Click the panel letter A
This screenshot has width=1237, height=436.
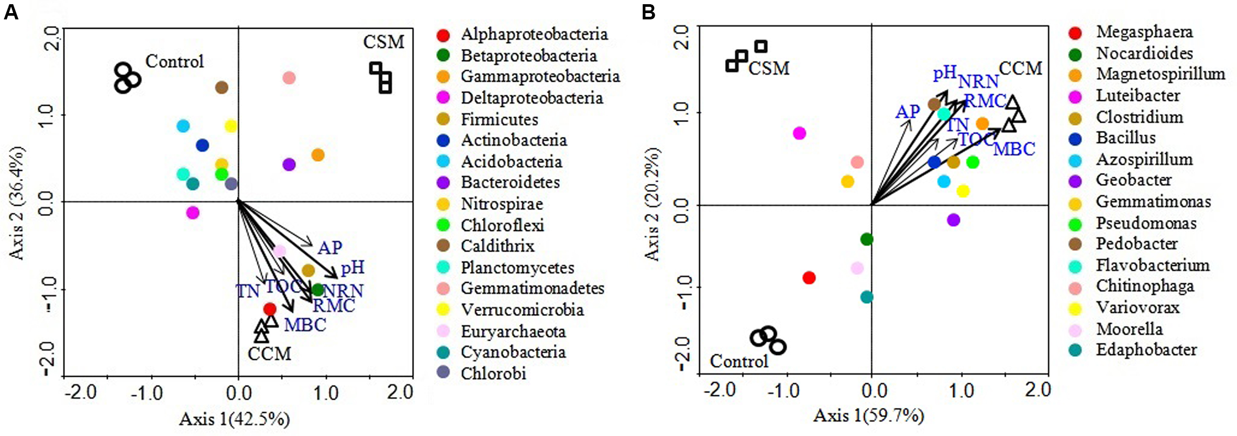(11, 12)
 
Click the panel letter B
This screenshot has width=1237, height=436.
(648, 12)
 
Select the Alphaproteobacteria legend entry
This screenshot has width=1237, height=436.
(534, 35)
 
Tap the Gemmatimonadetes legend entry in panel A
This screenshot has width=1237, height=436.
(532, 288)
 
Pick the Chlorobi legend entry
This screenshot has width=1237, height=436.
(493, 374)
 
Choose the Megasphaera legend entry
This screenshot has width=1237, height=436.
(1144, 32)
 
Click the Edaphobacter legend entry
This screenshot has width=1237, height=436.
(1146, 350)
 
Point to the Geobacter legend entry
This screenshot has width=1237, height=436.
(1133, 180)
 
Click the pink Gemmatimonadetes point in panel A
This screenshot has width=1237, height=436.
(289, 78)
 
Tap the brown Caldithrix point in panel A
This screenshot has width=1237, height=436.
(222, 88)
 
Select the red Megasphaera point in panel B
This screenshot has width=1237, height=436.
(809, 278)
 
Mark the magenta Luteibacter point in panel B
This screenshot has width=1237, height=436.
(799, 133)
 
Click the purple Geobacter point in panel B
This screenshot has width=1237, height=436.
(953, 220)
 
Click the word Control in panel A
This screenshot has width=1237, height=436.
(174, 61)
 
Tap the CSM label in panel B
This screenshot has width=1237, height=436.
(768, 69)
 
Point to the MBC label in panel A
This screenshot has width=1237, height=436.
(305, 325)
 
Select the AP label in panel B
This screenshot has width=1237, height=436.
(907, 112)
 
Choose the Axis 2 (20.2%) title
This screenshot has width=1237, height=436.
(652, 204)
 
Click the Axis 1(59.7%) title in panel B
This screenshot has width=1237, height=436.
(868, 416)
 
